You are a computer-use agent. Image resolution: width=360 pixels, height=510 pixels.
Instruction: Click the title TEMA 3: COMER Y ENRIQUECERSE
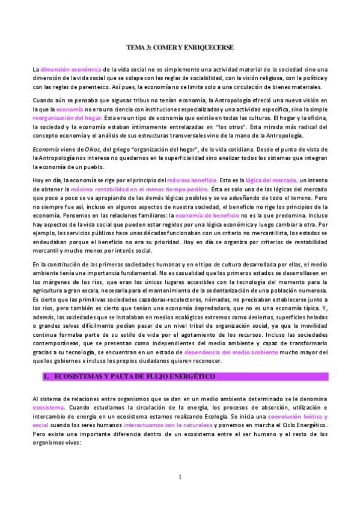[180, 47]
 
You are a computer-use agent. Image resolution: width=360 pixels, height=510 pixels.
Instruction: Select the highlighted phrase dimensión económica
[70, 70]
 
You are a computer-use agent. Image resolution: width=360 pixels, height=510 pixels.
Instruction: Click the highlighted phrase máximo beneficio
[191, 180]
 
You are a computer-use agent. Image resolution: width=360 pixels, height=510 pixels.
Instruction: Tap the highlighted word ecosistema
[49, 407]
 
